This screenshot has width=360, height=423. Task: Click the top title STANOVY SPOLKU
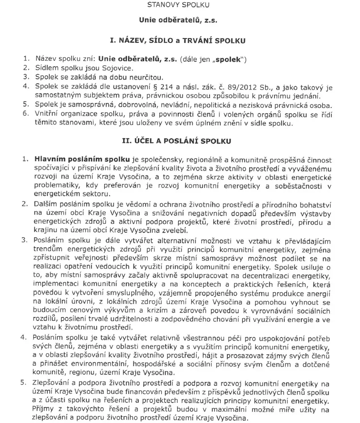tap(180, 6)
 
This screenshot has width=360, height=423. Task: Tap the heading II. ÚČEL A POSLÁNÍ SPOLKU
tap(180, 141)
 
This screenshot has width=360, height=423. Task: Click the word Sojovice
tap(118, 68)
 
